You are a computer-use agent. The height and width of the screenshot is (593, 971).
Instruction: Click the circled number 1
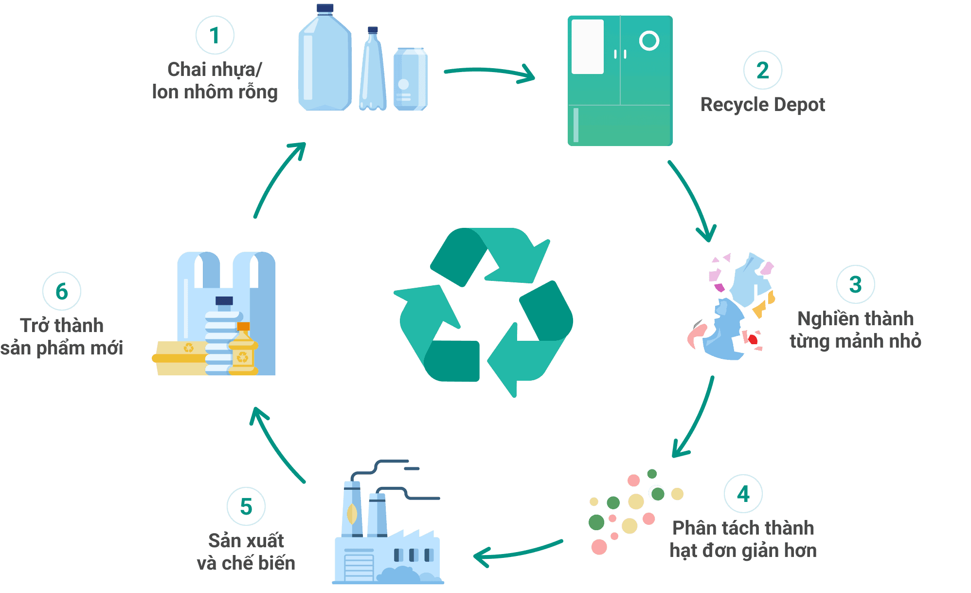(x=215, y=35)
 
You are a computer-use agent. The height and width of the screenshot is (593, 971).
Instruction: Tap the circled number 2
(x=762, y=70)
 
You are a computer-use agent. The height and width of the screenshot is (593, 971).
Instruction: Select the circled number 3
(x=855, y=284)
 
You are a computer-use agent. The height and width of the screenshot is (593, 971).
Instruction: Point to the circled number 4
(x=743, y=494)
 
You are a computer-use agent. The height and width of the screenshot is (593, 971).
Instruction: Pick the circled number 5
(x=246, y=506)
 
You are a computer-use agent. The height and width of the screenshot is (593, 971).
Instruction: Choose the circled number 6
(x=62, y=291)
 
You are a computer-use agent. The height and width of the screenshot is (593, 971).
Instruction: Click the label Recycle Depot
(x=762, y=105)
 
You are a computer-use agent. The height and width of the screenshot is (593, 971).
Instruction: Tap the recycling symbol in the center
(x=484, y=312)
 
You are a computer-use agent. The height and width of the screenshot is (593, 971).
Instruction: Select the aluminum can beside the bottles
(x=410, y=79)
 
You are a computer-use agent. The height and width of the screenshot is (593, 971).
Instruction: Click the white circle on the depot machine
(x=649, y=41)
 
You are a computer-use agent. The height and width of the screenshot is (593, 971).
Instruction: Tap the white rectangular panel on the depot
(x=587, y=47)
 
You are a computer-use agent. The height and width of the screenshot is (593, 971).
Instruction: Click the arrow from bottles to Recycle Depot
(x=489, y=73)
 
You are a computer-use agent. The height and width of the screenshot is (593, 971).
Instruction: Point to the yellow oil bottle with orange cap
(x=243, y=351)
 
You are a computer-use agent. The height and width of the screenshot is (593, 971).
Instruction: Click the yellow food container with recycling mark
(x=181, y=358)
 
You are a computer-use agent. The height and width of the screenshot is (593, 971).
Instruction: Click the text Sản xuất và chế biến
(x=246, y=552)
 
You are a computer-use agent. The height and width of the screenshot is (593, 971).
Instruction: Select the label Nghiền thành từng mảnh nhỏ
(x=855, y=330)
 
